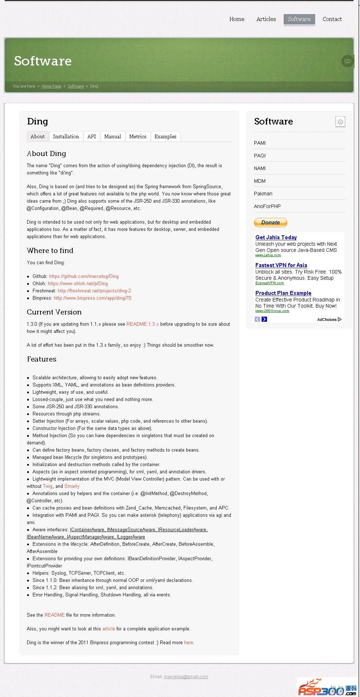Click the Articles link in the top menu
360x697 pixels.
coord(266,19)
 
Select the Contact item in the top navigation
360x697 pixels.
coord(332,19)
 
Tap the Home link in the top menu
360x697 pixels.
coord(237,19)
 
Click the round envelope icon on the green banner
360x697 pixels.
coord(347,61)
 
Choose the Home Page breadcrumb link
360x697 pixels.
coord(51,86)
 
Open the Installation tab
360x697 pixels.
coord(66,136)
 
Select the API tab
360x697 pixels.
coord(92,136)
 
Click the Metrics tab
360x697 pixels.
coord(137,136)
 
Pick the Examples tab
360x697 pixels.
coord(165,136)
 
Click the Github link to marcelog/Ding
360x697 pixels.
coord(84,276)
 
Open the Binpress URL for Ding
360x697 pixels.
coord(93,298)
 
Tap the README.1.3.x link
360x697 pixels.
coord(143,324)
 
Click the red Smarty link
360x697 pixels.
coord(72,486)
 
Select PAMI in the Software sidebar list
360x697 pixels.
coord(260,143)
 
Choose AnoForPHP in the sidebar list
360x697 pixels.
coord(267,206)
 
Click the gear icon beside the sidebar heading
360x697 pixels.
coord(340,122)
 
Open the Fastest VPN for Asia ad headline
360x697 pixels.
coord(281,265)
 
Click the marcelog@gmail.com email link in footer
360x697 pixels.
coord(186,676)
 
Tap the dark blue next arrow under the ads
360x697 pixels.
coord(264,319)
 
